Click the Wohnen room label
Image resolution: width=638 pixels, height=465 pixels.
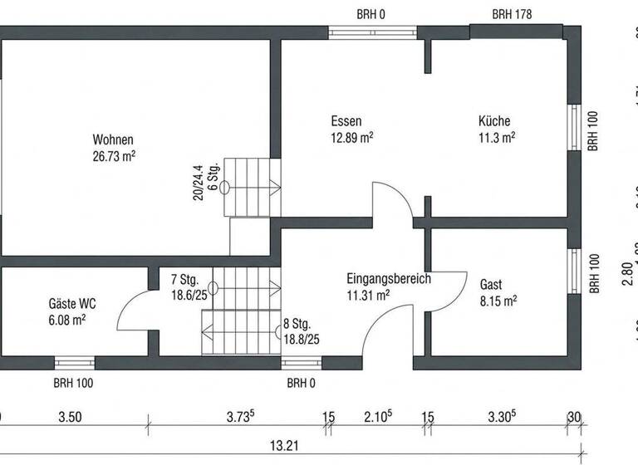113,139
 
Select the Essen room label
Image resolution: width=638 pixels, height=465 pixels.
346,121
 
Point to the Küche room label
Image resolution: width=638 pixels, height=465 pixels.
494,121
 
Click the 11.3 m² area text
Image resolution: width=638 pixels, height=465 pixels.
496,137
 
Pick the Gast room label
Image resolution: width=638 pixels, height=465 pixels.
491,285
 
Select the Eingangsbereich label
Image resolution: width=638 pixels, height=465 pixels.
388,279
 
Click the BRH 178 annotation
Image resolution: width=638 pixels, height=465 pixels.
512,14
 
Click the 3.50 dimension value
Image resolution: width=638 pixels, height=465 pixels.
70,418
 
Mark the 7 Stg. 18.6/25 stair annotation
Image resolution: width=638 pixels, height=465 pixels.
187,287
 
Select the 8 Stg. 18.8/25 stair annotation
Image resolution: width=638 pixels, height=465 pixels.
301,331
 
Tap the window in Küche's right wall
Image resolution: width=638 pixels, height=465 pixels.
573,129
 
